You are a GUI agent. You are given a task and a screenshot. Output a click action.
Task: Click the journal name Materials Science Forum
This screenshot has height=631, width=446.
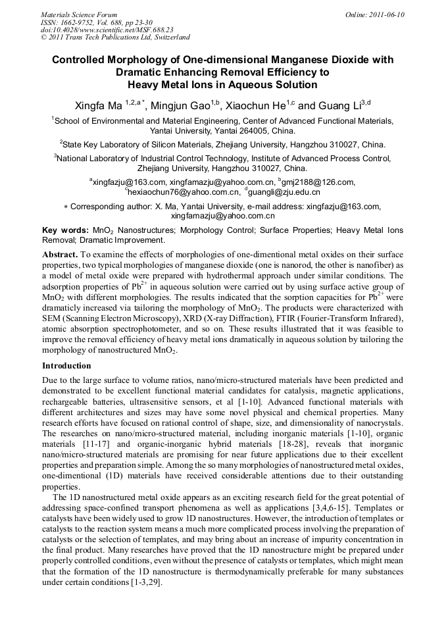pyautogui.click(x=79, y=14)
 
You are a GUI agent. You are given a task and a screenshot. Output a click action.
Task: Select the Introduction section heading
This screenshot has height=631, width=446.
pyautogui.click(x=67, y=365)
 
